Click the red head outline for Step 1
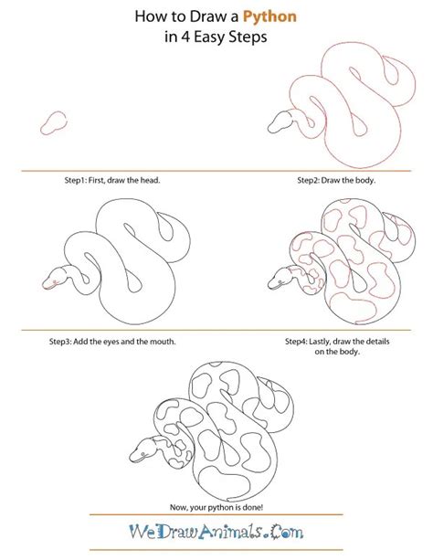[54, 123]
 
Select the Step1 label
[65, 180]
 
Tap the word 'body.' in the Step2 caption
[363, 180]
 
